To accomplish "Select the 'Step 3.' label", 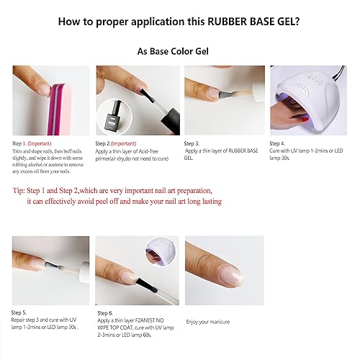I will [193, 143].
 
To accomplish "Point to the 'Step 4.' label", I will [278, 143].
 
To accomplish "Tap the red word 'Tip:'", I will [19, 192].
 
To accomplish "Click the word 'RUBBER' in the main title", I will [229, 21].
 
